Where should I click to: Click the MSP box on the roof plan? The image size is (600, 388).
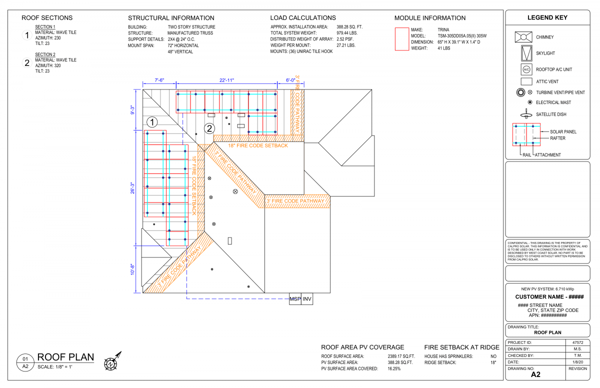tap(295, 299)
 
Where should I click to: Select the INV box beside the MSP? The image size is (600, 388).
tap(307, 299)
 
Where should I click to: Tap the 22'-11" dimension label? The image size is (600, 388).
tap(226, 80)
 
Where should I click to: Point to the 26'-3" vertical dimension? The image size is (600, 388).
tap(132, 188)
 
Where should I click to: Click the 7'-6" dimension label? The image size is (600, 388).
tap(159, 80)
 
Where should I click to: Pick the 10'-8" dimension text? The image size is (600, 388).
tap(132, 269)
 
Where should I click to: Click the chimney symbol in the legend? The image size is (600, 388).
tap(523, 37)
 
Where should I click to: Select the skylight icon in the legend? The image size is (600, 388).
tap(526, 53)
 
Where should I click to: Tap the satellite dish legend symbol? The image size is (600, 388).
tap(526, 114)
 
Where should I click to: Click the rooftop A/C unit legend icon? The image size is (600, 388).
tap(526, 69)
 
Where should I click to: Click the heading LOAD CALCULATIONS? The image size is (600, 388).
tap(303, 18)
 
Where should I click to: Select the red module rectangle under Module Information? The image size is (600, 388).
tap(402, 39)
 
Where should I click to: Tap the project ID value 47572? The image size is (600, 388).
tap(578, 342)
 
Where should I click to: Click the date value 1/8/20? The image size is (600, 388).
tap(578, 362)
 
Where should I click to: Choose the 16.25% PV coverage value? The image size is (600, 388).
tap(394, 368)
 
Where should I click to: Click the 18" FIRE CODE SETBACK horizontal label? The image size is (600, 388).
tap(258, 145)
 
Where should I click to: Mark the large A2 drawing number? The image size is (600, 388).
tap(535, 374)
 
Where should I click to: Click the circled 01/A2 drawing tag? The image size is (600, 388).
tap(25, 362)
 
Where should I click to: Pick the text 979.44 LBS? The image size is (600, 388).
tap(347, 33)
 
